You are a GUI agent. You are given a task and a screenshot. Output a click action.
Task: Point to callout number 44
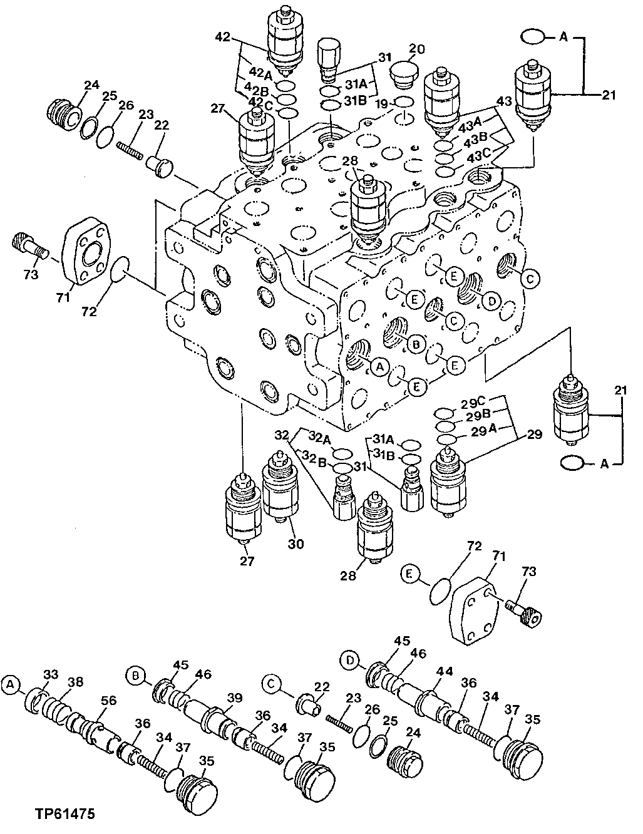coord(445,671)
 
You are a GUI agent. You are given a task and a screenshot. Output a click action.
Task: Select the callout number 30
coord(296,544)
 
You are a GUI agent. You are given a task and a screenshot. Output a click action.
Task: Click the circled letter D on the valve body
coord(491,302)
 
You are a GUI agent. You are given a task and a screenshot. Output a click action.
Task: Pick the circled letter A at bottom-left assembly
coord(9,686)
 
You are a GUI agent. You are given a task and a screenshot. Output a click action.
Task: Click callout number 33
coord(50,674)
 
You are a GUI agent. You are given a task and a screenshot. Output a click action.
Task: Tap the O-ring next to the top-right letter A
coord(532,38)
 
